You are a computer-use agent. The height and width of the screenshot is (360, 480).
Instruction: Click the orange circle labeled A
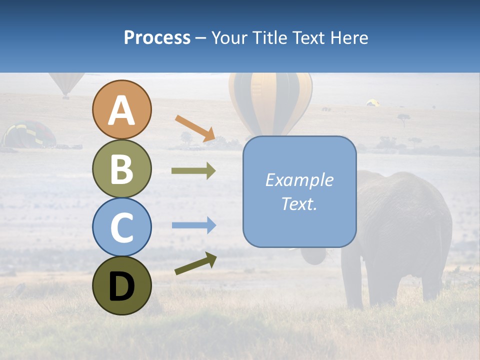(122, 109)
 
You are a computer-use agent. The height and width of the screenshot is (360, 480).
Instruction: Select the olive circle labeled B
(122, 168)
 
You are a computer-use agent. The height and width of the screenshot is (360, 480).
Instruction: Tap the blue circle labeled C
(122, 227)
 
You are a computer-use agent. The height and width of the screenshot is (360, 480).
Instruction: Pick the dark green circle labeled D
(122, 285)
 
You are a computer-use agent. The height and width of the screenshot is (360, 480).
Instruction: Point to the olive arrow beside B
(193, 170)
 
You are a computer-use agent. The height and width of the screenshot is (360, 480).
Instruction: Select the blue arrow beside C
(193, 225)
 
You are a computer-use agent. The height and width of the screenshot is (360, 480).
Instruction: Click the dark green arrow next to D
(195, 263)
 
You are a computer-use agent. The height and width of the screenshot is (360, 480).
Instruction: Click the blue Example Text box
(299, 191)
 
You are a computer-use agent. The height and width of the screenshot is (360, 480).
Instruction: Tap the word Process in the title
(157, 37)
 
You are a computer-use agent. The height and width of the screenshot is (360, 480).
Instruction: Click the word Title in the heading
(268, 37)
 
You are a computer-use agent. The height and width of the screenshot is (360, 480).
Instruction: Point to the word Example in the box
(299, 180)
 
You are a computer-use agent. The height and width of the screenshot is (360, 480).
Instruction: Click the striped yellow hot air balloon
(270, 100)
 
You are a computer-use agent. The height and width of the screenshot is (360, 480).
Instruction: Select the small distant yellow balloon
(372, 102)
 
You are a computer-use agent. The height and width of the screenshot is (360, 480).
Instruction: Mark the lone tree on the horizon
(403, 118)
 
